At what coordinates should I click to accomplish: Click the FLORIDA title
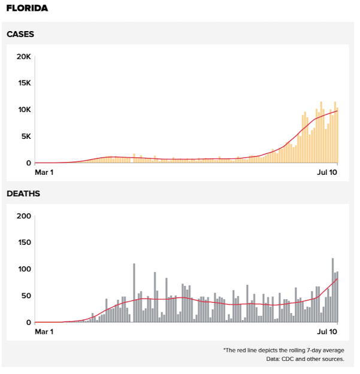coord(28,9)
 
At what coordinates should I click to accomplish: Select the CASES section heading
coord(20,34)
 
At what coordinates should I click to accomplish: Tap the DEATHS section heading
coord(23,194)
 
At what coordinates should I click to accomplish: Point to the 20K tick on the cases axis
coord(23,57)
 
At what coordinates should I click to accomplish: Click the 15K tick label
coord(23,83)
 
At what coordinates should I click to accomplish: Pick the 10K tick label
coord(23,110)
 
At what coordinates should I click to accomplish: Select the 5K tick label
coord(25,136)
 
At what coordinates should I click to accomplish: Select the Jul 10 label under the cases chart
coord(327,172)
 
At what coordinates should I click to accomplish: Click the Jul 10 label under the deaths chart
coord(327,332)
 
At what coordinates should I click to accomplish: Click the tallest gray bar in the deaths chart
coord(332,290)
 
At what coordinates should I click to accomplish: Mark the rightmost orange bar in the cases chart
coord(337,135)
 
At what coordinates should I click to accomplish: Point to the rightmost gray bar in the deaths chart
coord(337,297)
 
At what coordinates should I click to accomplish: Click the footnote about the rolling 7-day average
coord(283,350)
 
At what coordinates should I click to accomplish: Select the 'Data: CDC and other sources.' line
coord(305,359)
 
